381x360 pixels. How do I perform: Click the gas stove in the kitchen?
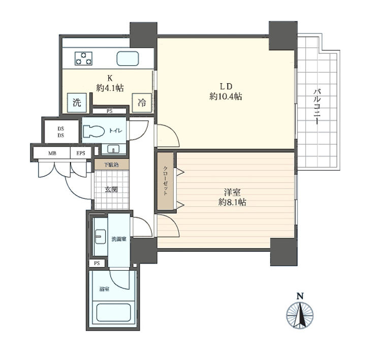tap(83, 58)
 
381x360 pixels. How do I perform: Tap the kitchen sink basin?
tap(128, 58)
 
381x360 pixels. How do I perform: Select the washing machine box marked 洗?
tap(77, 103)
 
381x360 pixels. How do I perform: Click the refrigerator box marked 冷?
tap(142, 103)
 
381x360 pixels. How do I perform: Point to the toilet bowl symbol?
tap(94, 131)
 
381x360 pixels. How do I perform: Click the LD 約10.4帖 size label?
tap(226, 91)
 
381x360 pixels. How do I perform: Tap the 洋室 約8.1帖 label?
tap(232, 197)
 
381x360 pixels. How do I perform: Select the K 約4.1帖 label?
tap(110, 83)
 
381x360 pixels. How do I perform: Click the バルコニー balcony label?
tap(316, 107)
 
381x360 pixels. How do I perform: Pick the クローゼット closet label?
tap(165, 181)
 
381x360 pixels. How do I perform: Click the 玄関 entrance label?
tap(111, 189)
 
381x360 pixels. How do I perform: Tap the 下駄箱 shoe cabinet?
tap(112, 165)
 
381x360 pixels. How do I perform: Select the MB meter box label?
tap(52, 153)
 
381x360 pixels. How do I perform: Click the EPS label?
tap(81, 153)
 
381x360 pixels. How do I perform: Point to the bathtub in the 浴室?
tap(114, 312)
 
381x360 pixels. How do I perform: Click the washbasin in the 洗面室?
tap(100, 236)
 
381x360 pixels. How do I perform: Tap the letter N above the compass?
tap(300, 296)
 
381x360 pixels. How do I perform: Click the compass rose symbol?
tap(300, 315)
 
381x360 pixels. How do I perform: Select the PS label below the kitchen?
tap(110, 111)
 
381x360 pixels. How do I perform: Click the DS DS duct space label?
tap(61, 132)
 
